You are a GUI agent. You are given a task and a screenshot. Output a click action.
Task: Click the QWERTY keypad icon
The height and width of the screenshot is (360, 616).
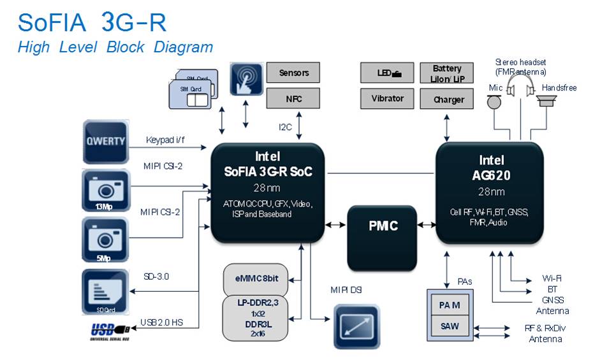[105, 141]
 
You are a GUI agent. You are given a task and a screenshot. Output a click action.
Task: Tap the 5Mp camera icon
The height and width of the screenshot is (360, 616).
[105, 239]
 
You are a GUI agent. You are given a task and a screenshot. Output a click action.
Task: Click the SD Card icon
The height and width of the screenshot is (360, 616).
[105, 291]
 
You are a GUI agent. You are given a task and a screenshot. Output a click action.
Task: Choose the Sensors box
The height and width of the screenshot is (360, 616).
[293, 73]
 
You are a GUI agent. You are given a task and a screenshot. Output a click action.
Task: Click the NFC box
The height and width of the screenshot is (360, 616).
[293, 99]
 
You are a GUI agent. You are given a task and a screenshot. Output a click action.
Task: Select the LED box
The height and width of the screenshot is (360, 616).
[387, 73]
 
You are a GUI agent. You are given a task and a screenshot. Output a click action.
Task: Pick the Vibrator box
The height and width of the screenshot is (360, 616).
[387, 99]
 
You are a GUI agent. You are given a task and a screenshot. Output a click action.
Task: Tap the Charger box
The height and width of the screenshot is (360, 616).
[449, 99]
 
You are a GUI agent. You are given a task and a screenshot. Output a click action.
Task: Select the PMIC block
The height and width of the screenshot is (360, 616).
[383, 226]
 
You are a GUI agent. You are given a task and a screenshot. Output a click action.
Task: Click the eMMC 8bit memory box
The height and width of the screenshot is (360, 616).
[255, 278]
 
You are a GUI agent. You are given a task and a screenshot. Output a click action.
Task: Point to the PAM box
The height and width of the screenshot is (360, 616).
[451, 305]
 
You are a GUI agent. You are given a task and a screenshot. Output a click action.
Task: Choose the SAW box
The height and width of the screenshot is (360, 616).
[451, 327]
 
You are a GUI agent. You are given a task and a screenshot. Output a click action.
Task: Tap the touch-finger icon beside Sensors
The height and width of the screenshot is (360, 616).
[246, 79]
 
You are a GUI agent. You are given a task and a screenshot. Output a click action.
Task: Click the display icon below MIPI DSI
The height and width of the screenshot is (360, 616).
[358, 325]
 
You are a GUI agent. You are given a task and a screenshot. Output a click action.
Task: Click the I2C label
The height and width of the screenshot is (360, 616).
[284, 127]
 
